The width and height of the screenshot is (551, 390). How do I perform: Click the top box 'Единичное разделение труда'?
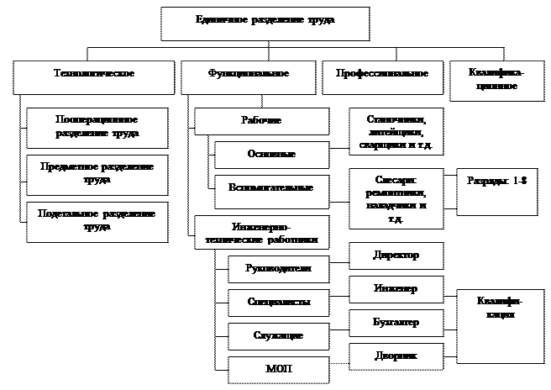pos(265,24)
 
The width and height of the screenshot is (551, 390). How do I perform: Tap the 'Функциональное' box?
pos(248,77)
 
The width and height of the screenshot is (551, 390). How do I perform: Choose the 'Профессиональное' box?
pos(382,77)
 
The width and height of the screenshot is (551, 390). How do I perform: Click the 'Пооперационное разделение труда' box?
pos(97,127)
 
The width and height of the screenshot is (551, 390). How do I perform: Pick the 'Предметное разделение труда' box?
pos(97,174)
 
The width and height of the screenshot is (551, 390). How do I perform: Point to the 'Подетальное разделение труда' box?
pos(97,220)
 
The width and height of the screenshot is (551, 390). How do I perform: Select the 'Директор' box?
pos(396,256)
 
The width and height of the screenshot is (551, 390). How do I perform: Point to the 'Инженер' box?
pos(396,289)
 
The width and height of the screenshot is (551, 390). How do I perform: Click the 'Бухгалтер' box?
pos(396,323)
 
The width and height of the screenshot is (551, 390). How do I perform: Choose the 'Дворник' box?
pos(396,356)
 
